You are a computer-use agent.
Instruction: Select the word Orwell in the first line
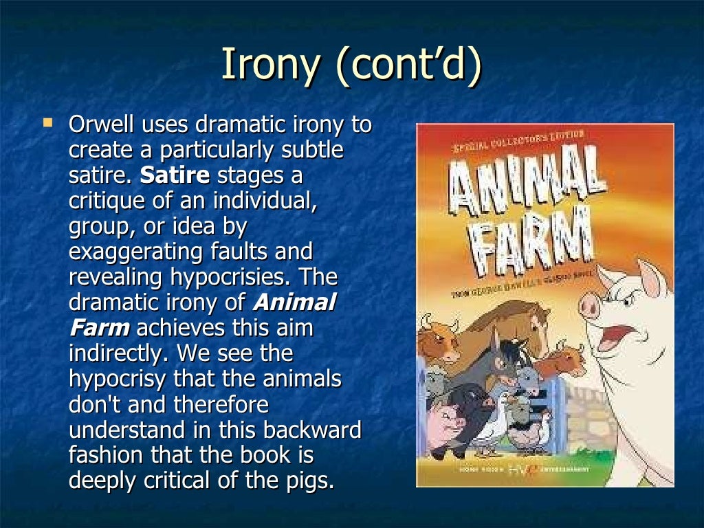click(x=102, y=125)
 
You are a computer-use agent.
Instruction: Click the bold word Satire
click(x=175, y=175)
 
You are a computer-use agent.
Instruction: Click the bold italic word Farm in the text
click(x=99, y=327)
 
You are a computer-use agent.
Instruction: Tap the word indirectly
click(x=120, y=353)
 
